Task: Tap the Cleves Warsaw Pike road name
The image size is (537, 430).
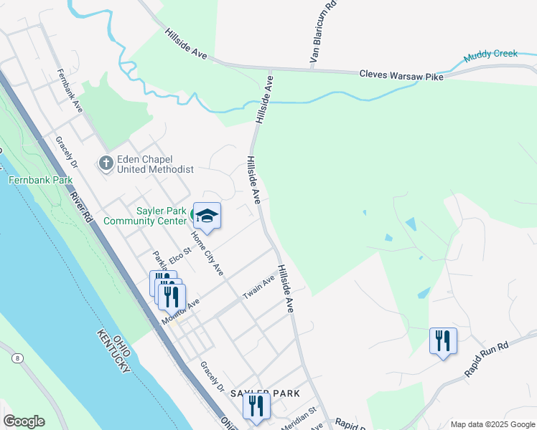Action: click(x=401, y=74)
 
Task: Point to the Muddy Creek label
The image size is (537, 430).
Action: click(x=490, y=55)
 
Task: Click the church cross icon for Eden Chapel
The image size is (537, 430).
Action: click(x=106, y=163)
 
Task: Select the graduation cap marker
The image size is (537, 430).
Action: click(x=207, y=216)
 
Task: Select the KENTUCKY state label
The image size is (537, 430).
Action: click(x=113, y=351)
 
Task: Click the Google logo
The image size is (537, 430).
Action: click(x=24, y=421)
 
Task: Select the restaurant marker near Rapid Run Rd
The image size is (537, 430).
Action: click(x=442, y=340)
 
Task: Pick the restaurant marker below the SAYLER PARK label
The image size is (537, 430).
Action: click(x=256, y=406)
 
